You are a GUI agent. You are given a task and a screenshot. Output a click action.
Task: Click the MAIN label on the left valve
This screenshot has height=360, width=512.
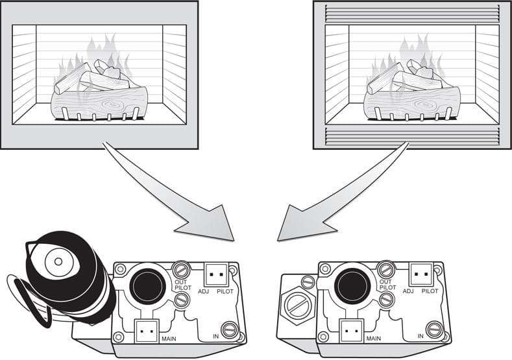click(x=169, y=339)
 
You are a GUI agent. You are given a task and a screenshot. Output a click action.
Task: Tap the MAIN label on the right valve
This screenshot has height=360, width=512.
click(x=374, y=339)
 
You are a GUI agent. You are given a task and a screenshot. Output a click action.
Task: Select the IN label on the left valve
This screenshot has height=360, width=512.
click(x=216, y=336)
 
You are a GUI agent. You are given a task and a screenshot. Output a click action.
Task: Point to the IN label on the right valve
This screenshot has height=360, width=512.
click(x=421, y=336)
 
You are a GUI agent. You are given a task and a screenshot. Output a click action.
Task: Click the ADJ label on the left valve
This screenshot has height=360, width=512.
click(x=204, y=291)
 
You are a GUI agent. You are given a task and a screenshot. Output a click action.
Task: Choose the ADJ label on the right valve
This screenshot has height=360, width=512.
click(x=408, y=291)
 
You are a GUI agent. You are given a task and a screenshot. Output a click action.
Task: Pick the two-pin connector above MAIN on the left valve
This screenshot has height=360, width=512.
click(x=147, y=331)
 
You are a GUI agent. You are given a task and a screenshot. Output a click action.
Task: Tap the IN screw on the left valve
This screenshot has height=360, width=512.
click(x=229, y=330)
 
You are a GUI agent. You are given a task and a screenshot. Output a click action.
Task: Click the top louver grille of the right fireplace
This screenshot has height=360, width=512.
click(x=413, y=14)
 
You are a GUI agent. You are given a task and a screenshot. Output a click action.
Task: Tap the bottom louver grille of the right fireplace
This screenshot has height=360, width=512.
click(x=413, y=136)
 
